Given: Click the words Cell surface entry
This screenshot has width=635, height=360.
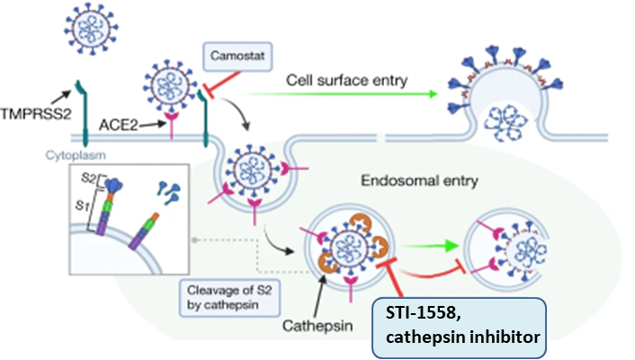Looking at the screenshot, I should (x=347, y=80).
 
